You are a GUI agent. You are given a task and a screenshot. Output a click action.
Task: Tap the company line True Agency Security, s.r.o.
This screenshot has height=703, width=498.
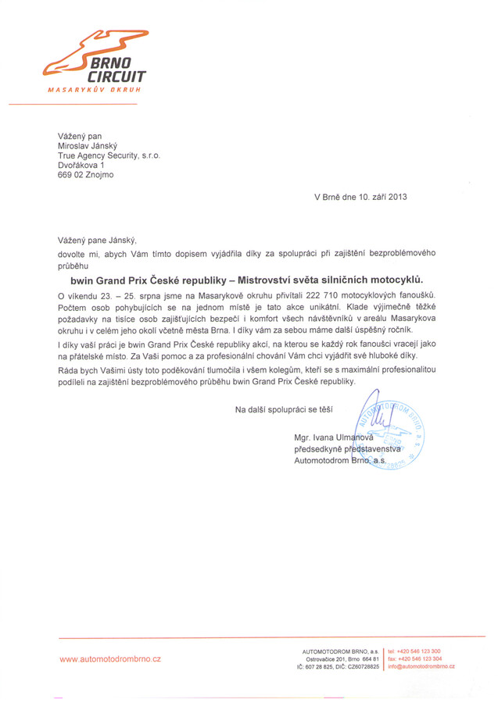click(109, 155)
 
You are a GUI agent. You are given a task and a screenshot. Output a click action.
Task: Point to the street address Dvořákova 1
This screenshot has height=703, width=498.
click(81, 166)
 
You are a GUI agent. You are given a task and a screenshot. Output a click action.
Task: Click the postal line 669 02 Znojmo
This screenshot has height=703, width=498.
click(85, 175)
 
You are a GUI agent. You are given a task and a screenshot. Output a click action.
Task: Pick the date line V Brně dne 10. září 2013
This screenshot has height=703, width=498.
click(360, 197)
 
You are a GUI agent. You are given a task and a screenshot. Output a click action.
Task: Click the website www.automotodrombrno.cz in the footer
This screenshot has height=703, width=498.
click(110, 659)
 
